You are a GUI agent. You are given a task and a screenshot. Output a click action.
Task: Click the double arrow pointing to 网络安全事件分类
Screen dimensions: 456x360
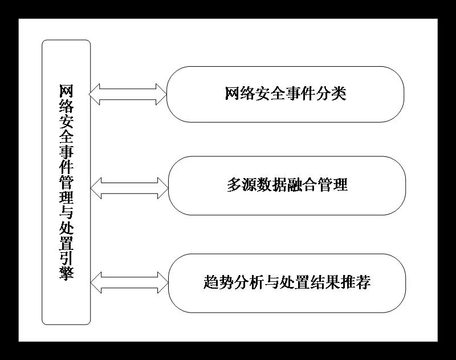[x=128, y=94]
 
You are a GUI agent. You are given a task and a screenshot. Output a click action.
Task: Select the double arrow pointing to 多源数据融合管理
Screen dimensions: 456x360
[x=129, y=188]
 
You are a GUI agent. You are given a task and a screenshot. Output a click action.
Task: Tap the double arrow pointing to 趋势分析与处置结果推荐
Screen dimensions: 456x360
[x=129, y=282]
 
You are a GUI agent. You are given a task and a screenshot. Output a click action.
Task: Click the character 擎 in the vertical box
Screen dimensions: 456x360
[x=66, y=273]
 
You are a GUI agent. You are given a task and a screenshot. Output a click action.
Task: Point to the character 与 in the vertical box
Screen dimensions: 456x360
[x=66, y=212]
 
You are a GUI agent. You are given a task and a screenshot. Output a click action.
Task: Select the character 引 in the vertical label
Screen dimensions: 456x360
[x=66, y=258]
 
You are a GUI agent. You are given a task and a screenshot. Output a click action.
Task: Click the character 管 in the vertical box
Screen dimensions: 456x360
[x=66, y=182]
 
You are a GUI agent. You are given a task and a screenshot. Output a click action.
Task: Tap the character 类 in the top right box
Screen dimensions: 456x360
[x=339, y=94]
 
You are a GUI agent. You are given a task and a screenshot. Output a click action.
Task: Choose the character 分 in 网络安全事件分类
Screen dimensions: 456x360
[x=323, y=94]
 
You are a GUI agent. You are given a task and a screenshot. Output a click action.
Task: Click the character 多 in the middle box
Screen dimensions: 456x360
[x=234, y=185]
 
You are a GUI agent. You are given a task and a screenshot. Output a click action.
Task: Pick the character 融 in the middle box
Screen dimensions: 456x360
[x=295, y=185]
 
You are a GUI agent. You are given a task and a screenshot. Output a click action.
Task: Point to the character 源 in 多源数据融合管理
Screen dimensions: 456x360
[x=250, y=185]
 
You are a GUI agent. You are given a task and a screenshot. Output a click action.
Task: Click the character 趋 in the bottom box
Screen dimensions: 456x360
[x=211, y=282]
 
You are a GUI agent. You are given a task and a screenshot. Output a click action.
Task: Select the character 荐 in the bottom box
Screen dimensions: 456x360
[x=363, y=282]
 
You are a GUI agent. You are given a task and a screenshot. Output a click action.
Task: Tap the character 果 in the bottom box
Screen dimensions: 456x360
[x=332, y=282]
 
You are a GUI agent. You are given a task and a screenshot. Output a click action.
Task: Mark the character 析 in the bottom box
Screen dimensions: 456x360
[x=256, y=282]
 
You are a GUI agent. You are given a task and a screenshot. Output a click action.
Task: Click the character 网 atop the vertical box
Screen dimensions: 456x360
[x=66, y=91]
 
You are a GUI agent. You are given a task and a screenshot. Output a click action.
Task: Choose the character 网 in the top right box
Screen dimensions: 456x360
[x=233, y=94]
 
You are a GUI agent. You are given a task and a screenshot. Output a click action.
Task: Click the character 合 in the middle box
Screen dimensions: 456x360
[x=310, y=185]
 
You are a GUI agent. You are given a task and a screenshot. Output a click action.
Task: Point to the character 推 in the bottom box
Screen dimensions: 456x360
[x=348, y=282]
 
